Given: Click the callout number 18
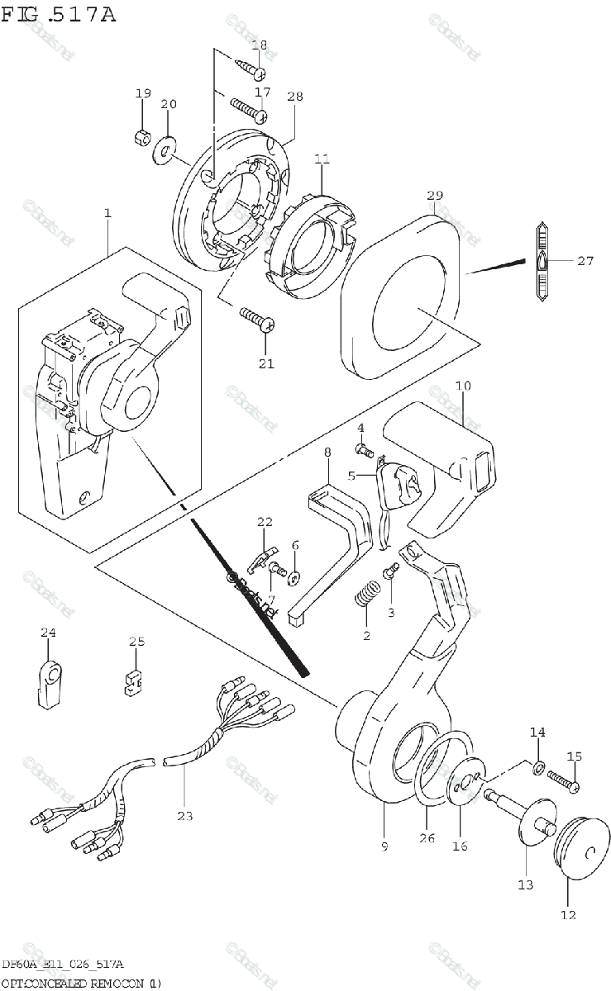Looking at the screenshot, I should pos(259,45).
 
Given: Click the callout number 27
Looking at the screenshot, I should pos(585,261).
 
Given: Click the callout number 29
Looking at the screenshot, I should pos(435,195).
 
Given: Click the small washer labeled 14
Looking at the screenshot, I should pos(538,769).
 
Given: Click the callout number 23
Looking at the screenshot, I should pos(184,816).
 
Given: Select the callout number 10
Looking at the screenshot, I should pos(462,386).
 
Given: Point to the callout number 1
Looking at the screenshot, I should pos(107,214).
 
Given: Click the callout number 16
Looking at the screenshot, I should pos(460,846).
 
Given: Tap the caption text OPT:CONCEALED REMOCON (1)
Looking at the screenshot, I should pos(81,983).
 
